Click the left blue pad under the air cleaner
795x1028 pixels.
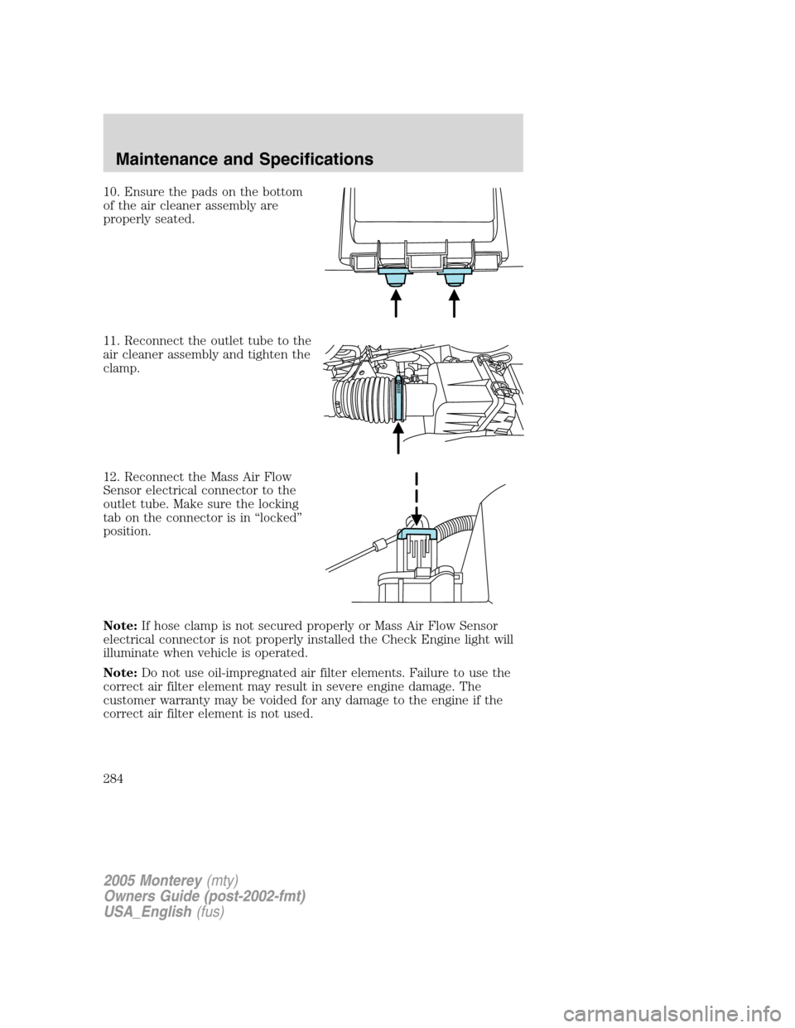click(395, 275)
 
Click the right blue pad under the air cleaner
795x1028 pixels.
click(455, 275)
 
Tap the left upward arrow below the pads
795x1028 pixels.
click(396, 303)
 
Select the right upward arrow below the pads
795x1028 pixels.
click(455, 303)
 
